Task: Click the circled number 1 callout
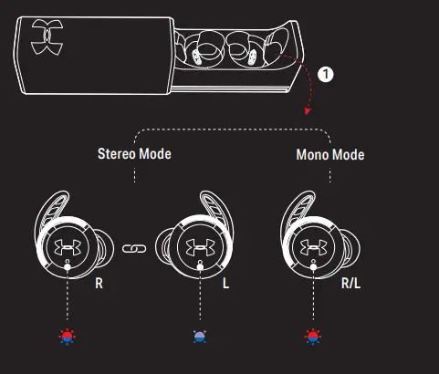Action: [x=326, y=75]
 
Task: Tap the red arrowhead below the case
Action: [x=308, y=111]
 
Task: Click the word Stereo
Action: [x=117, y=154]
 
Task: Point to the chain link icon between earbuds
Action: [x=134, y=249]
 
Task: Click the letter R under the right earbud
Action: [x=99, y=283]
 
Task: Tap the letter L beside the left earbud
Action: [x=225, y=283]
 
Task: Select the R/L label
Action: [x=350, y=283]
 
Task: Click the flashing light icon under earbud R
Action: [x=67, y=337]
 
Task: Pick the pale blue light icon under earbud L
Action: [x=200, y=337]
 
